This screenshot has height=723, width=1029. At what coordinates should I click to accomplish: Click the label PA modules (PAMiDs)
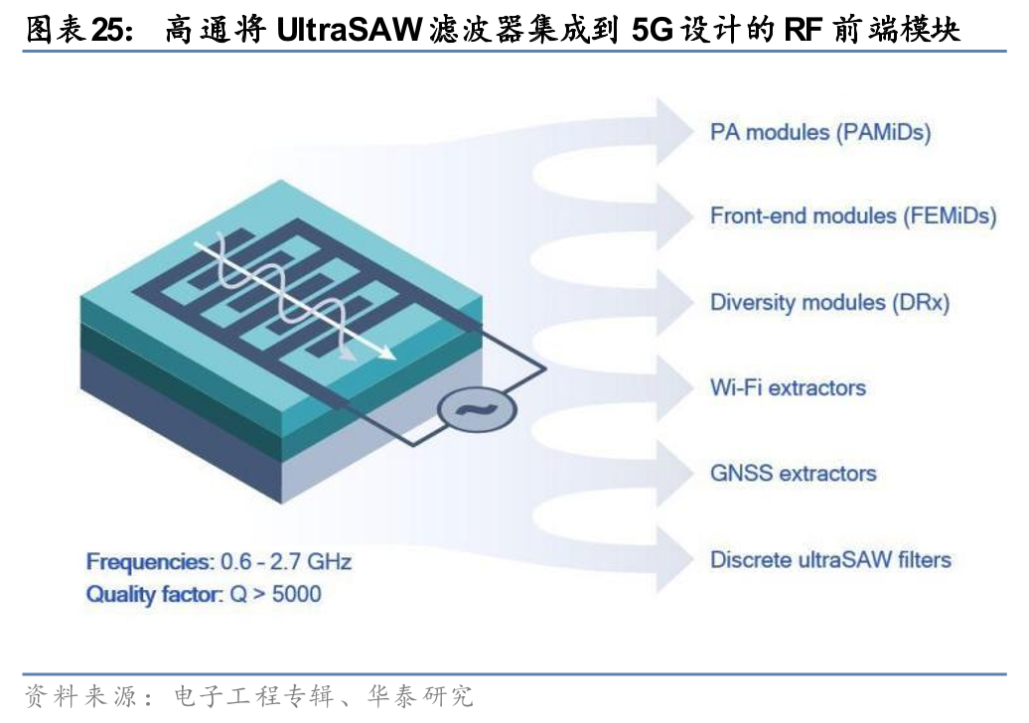pos(819,132)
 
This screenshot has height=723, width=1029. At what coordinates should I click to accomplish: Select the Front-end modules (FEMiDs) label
pos(852,217)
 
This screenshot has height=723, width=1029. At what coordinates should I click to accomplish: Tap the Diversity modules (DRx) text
pos(829,302)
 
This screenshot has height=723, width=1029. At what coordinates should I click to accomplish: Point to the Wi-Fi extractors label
pos(788,387)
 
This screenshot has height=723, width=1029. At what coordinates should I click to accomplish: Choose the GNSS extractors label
pos(793,473)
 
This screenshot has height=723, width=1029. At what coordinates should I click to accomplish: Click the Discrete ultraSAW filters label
pos(830,559)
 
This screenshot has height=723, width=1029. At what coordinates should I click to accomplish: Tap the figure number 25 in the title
pos(106,31)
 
